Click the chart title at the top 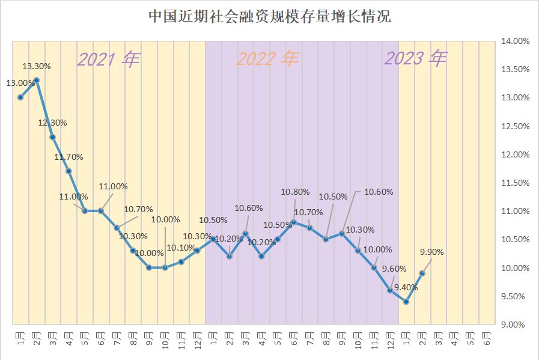coord(269,16)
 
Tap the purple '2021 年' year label coord(109,59)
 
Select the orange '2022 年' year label coord(267,59)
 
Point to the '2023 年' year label coord(416,58)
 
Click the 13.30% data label coord(37,66)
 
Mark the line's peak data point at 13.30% coord(37,80)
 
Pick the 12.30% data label coord(53,123)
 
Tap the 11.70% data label coord(69,157)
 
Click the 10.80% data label coord(296,192)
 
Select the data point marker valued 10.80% coord(294,222)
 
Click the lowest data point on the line coord(407,302)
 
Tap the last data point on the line coord(422,273)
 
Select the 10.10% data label coord(180,248)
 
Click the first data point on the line coord(20,97)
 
